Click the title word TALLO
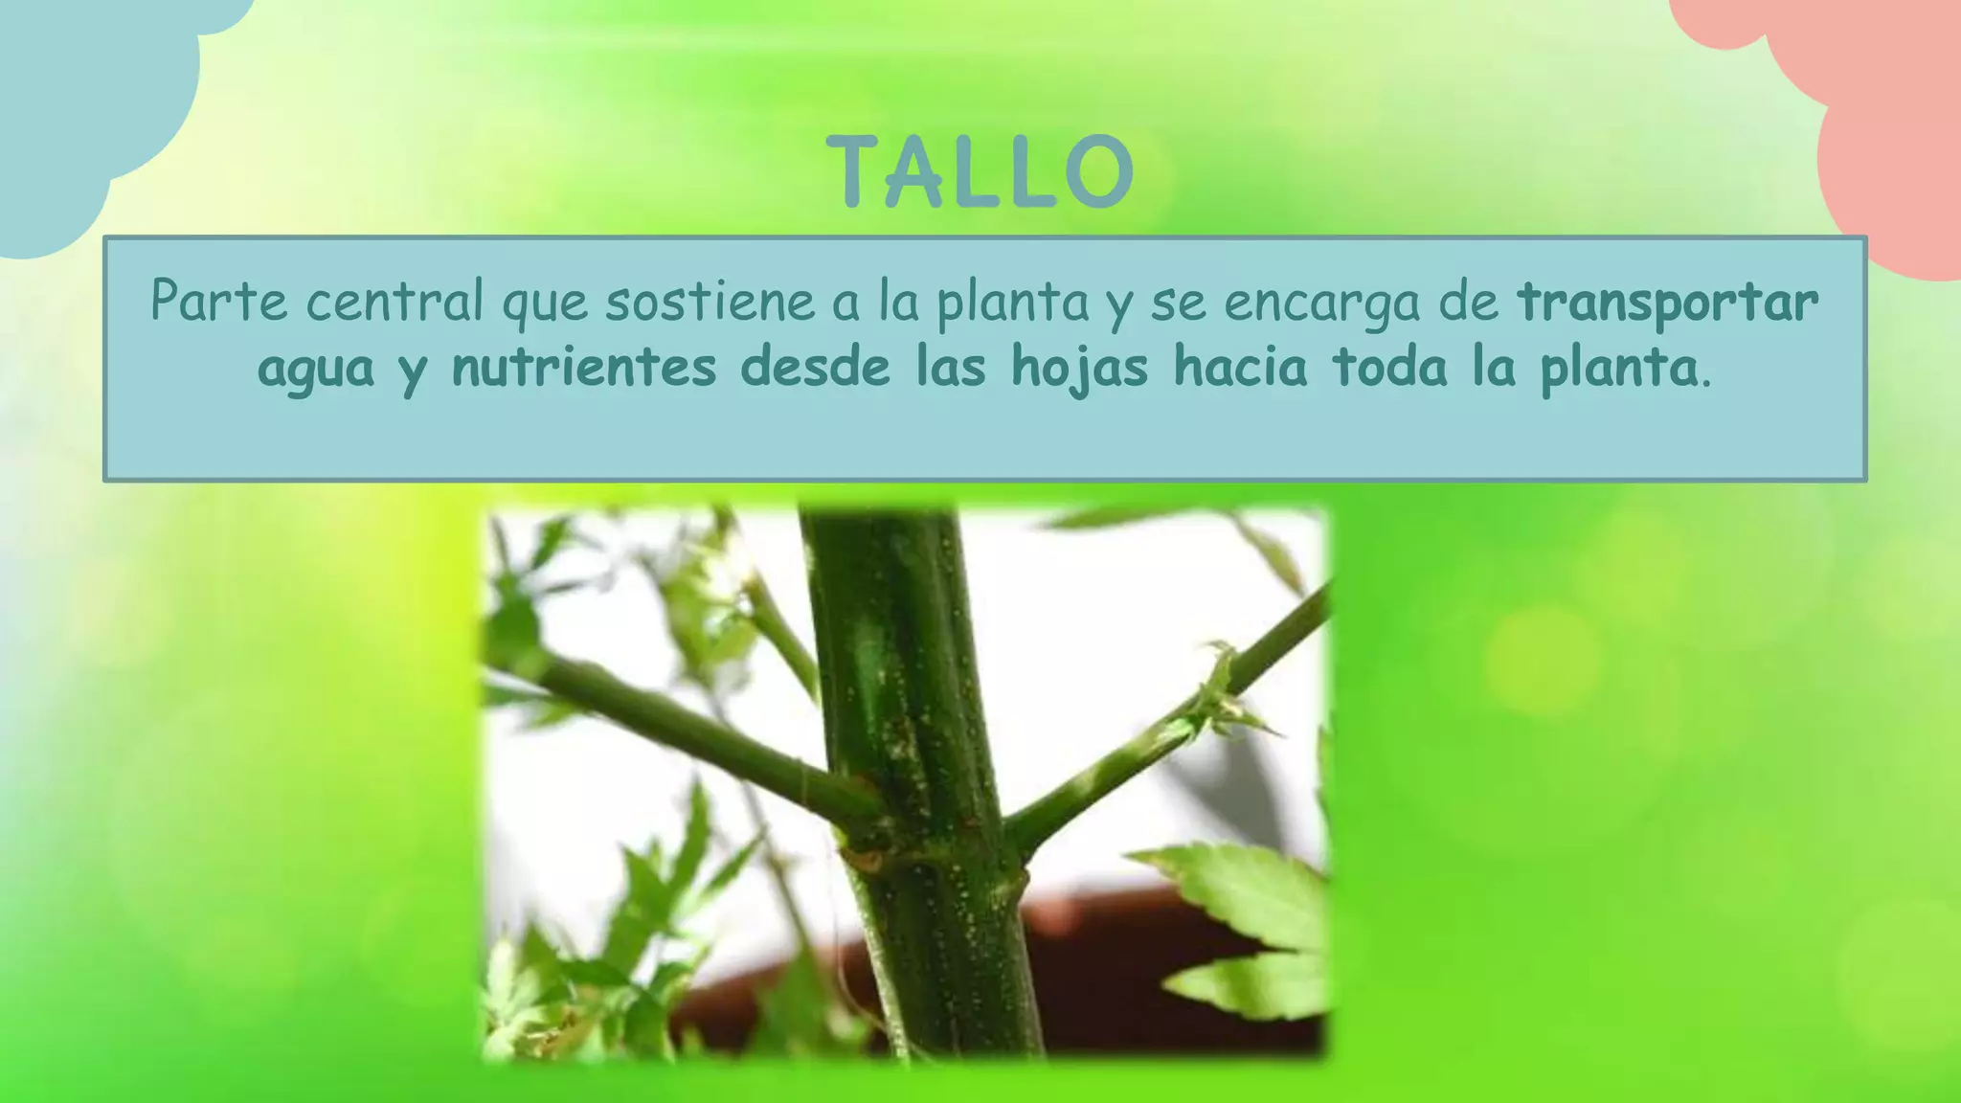click(x=980, y=172)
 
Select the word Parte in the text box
click(x=218, y=301)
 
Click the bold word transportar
click(x=1667, y=301)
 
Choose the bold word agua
click(x=316, y=370)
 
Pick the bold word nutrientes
click(x=584, y=368)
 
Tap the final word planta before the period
click(x=1618, y=370)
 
